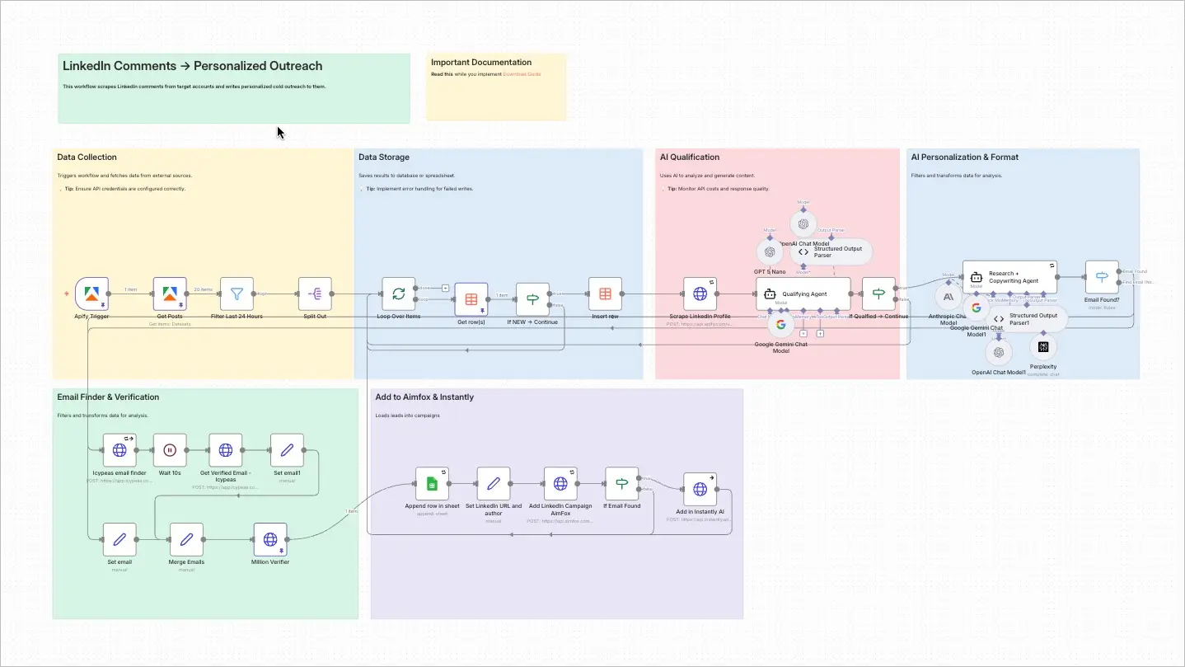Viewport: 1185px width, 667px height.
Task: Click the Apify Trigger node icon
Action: coord(91,294)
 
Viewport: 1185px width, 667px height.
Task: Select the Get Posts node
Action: coord(170,294)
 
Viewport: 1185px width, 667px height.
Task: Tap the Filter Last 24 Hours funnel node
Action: coord(237,294)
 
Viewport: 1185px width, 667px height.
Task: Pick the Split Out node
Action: coord(315,294)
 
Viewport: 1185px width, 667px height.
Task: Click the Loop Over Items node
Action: coord(398,294)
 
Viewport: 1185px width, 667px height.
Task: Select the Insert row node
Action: coord(605,294)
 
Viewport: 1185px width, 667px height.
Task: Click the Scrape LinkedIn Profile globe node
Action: coord(700,294)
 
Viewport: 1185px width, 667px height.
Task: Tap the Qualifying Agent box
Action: coord(803,293)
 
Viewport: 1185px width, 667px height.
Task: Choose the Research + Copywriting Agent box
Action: coord(1009,277)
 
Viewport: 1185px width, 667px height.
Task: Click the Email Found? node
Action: coord(1102,277)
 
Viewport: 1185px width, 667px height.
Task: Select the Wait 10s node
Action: coord(170,450)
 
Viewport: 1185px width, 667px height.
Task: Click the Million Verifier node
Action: coord(270,539)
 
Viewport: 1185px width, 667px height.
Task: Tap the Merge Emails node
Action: coord(186,539)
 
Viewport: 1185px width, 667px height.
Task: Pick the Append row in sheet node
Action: coord(432,483)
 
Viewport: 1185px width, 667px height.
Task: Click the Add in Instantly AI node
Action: coord(700,490)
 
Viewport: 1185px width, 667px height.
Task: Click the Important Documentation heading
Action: coord(481,63)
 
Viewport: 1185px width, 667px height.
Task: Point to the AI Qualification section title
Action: coord(690,157)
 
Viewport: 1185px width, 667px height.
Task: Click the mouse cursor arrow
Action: coord(280,132)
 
